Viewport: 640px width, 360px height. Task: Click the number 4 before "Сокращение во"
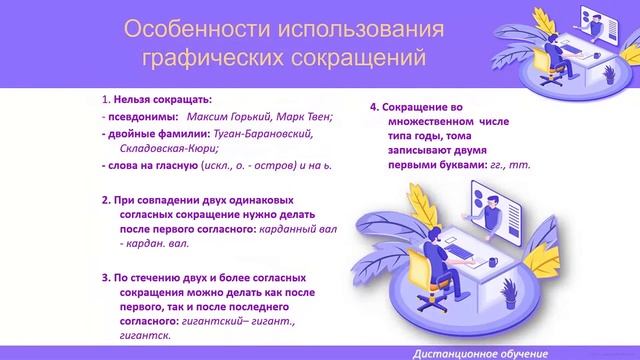coord(373,105)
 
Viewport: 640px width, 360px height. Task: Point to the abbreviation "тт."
coord(527,164)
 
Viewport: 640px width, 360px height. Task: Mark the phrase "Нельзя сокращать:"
coord(161,101)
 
